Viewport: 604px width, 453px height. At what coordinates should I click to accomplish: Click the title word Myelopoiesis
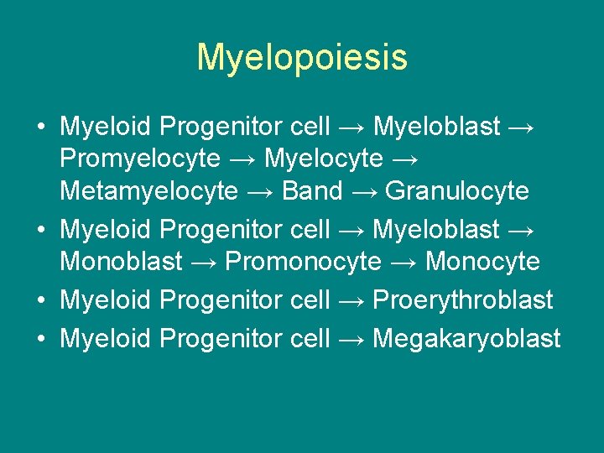pyautogui.click(x=302, y=58)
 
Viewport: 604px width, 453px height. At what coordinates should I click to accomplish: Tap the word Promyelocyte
pyautogui.click(x=140, y=159)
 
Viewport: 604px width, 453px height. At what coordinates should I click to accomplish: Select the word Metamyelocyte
pyautogui.click(x=148, y=191)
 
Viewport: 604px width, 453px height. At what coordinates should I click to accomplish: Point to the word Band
pyautogui.click(x=312, y=191)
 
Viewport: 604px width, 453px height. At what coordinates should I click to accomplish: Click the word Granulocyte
pyautogui.click(x=457, y=191)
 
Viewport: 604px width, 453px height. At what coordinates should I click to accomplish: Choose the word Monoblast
pyautogui.click(x=121, y=261)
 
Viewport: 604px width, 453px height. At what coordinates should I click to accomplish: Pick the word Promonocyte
pyautogui.click(x=303, y=261)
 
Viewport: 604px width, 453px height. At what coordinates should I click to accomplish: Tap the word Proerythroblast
pyautogui.click(x=462, y=299)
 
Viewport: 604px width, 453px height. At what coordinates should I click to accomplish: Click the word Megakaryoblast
pyautogui.click(x=466, y=338)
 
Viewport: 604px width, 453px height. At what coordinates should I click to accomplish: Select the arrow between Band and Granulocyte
pyautogui.click(x=364, y=192)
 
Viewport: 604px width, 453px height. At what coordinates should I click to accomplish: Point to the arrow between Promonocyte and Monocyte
pyautogui.click(x=403, y=262)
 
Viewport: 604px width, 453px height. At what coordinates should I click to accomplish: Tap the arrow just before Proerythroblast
pyautogui.click(x=351, y=300)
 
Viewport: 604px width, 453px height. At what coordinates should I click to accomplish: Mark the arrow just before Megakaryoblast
pyautogui.click(x=351, y=339)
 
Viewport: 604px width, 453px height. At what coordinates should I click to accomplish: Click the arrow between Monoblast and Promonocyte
pyautogui.click(x=203, y=262)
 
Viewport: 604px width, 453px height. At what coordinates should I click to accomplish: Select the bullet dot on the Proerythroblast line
pyautogui.click(x=40, y=300)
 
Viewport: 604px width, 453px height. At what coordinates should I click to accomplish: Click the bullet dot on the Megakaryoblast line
pyautogui.click(x=40, y=339)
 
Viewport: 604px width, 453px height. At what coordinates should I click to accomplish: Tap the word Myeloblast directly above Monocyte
pyautogui.click(x=436, y=228)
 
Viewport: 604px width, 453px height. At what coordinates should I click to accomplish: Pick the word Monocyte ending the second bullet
pyautogui.click(x=482, y=261)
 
